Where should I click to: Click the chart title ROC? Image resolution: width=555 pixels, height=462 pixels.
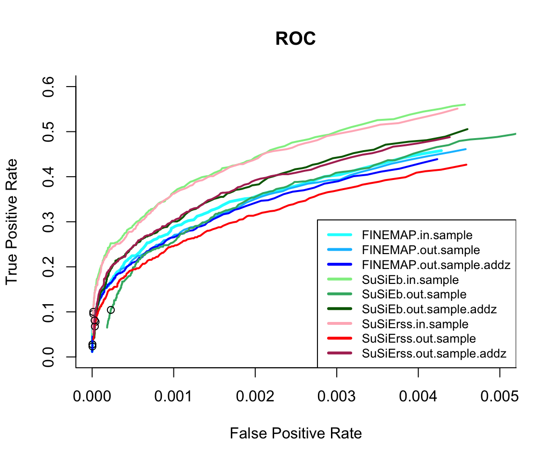[x=295, y=39]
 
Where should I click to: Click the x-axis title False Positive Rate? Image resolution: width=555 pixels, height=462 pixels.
[x=295, y=434]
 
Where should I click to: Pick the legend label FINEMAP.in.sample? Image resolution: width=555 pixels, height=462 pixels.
[x=417, y=235]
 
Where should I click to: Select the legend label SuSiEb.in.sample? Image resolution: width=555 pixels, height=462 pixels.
[x=410, y=280]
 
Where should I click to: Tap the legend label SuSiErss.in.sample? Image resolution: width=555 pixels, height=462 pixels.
[x=415, y=324]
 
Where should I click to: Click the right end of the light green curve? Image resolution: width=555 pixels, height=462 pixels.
[x=465, y=104]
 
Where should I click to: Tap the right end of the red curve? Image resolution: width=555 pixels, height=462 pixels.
[x=466, y=165]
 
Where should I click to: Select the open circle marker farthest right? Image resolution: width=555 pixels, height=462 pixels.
[x=110, y=310]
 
